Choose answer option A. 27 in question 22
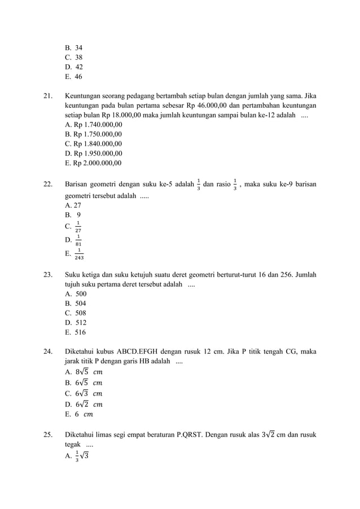click(x=73, y=205)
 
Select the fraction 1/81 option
click(x=73, y=240)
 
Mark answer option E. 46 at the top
click(x=73, y=77)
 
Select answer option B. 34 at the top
click(x=73, y=48)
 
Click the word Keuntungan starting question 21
click(x=85, y=95)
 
